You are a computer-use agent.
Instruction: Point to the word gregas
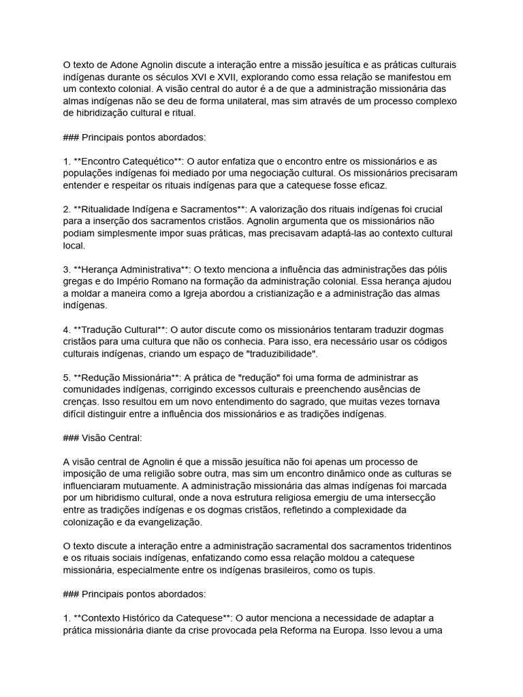[77, 281]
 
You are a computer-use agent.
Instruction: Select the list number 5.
[65, 377]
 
